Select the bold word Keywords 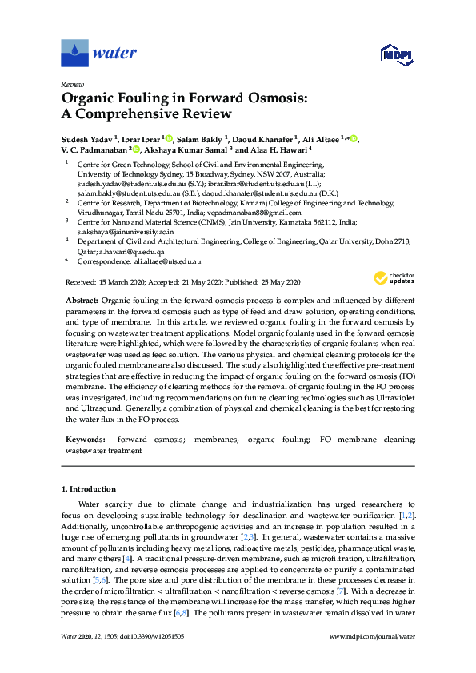(x=84, y=440)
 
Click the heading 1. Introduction (x=89, y=488)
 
